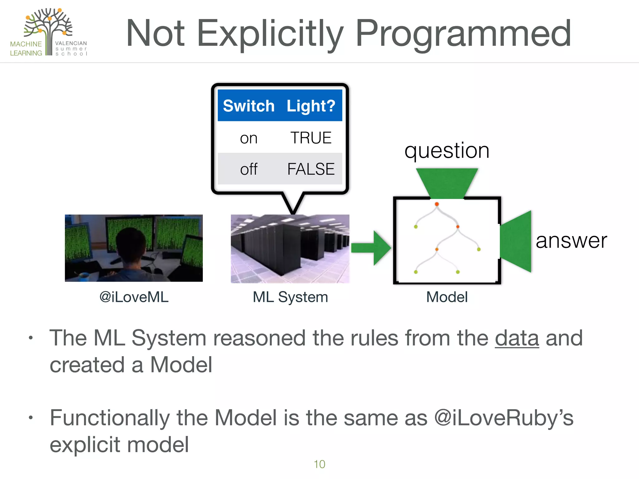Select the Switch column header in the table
[249, 106]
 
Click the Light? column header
[311, 106]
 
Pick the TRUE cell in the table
[311, 138]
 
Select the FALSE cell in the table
[311, 169]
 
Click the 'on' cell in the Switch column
[249, 138]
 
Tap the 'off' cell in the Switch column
[249, 169]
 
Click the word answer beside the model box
[571, 241]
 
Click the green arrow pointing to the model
[371, 248]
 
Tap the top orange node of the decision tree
[437, 204]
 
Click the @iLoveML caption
[134, 297]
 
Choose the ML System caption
[290, 297]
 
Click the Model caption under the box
[447, 297]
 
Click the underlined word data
[517, 338]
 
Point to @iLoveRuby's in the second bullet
[504, 418]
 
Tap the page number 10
[319, 464]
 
